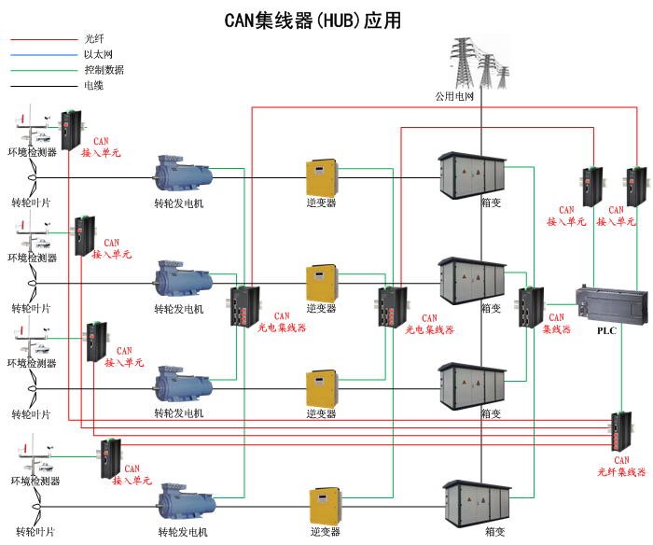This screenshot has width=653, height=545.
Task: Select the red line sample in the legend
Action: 43,40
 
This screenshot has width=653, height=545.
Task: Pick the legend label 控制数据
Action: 104,70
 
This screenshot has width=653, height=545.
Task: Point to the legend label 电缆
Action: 93,85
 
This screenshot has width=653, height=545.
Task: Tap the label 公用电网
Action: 455,96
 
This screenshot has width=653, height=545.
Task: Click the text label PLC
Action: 607,330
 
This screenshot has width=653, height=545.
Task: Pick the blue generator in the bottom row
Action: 188,503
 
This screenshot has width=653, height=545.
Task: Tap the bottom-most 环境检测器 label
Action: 35,481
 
